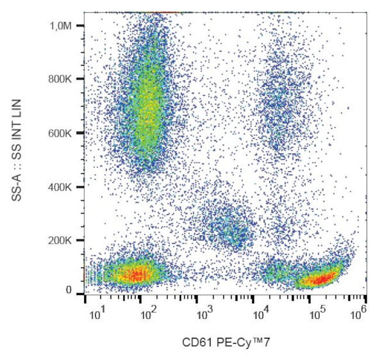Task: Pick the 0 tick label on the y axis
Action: click(68, 290)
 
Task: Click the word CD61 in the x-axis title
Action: click(193, 341)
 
